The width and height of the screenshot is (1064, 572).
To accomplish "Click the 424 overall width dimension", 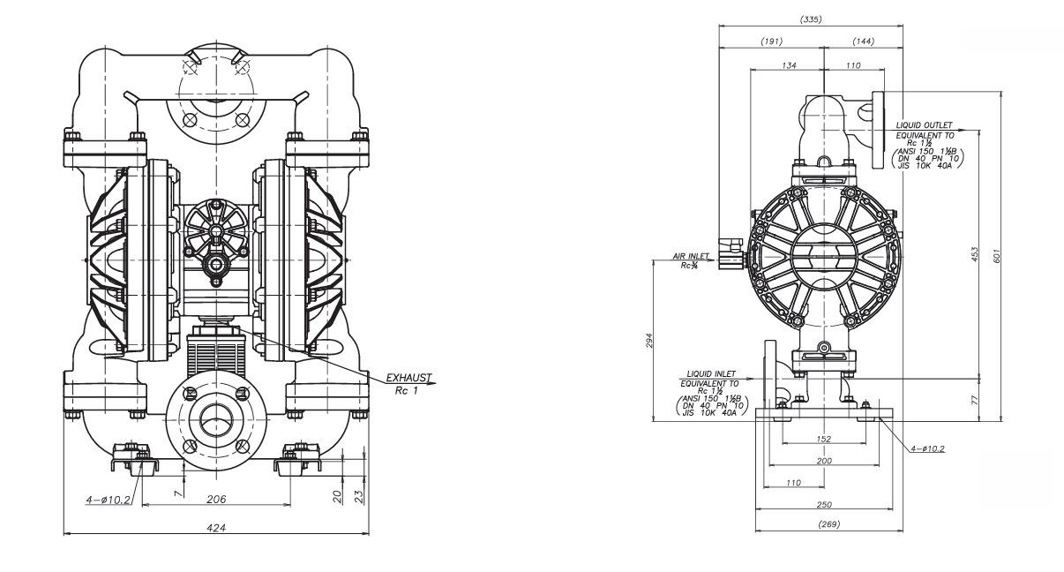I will click(216, 528).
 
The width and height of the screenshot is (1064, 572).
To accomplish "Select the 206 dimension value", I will click(216, 499).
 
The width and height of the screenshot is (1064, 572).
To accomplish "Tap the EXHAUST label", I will click(408, 378).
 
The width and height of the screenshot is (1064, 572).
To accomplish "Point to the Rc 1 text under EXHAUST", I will click(407, 389).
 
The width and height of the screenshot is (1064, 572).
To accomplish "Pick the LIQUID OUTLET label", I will click(925, 126).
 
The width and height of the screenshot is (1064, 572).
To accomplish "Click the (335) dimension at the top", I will click(810, 19).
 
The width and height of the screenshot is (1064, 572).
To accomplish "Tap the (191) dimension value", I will click(773, 41).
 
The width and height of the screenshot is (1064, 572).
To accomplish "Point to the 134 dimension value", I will click(789, 65).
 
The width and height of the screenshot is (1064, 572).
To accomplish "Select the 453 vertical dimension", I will click(975, 254).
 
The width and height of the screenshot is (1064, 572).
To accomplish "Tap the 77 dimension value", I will click(975, 400).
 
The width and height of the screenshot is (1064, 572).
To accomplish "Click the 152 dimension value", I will click(822, 439).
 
